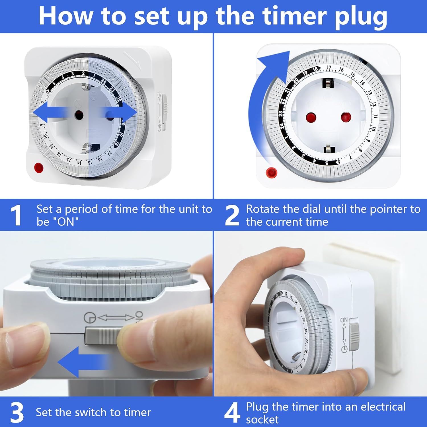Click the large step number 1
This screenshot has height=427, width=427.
pyautogui.click(x=16, y=215)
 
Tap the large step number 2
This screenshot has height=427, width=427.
pyautogui.click(x=232, y=215)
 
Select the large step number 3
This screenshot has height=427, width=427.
pyautogui.click(x=17, y=412)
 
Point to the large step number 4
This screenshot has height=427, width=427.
pyautogui.click(x=232, y=412)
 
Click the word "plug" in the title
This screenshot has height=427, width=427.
pyautogui.click(x=361, y=18)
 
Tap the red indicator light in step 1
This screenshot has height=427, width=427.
pyautogui.click(x=39, y=168)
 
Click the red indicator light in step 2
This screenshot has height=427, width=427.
pyautogui.click(x=271, y=173)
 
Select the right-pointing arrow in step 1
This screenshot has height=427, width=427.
pyautogui.click(x=120, y=112)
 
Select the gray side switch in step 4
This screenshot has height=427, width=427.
pyautogui.click(x=354, y=334)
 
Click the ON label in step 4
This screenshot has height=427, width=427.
pyautogui.click(x=344, y=320)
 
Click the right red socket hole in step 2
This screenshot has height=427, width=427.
pyautogui.click(x=346, y=117)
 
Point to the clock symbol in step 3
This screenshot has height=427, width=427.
pyautogui.click(x=90, y=318)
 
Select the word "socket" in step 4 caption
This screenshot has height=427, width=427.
pyautogui.click(x=262, y=420)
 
